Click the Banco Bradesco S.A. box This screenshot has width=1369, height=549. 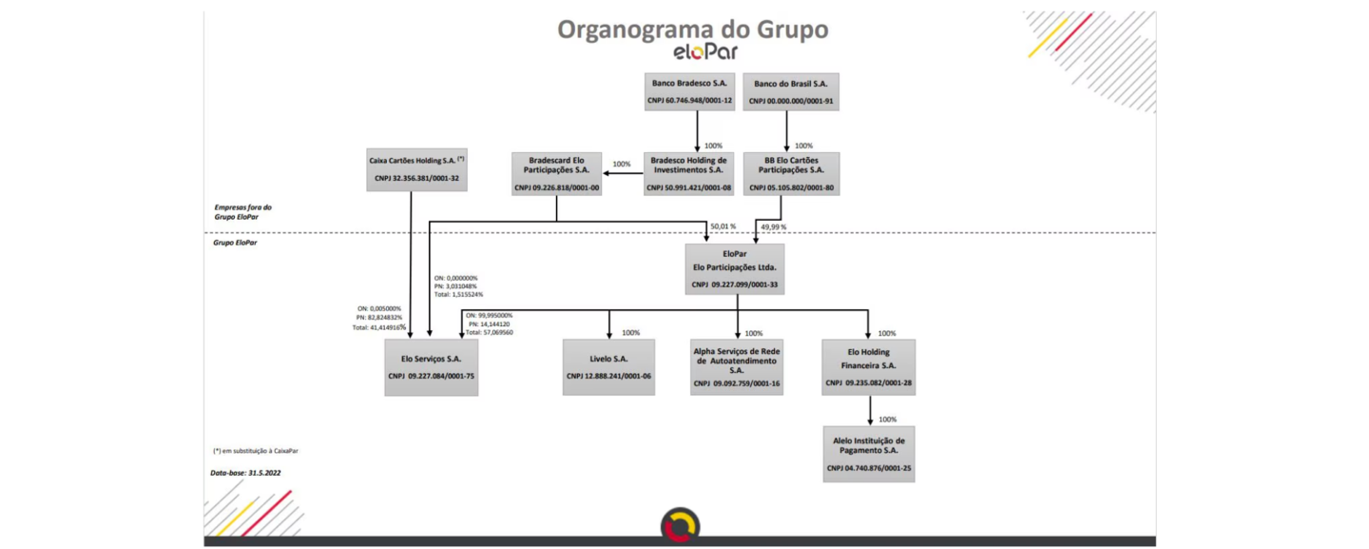pos(689,91)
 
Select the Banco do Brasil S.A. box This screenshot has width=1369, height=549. pos(790,91)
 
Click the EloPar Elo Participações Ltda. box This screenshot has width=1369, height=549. pos(735,268)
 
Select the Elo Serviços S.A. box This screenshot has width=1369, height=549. pos(431,367)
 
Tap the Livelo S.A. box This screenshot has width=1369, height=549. pos(608,367)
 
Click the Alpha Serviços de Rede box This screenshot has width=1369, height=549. pos(737,367)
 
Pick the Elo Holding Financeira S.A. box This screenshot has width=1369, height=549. pos(868,367)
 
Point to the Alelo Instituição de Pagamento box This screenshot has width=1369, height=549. pos(868,454)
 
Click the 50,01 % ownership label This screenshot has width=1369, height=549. pos(723,226)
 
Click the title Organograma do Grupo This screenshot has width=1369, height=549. pos(692,29)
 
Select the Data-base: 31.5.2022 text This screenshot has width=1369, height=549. pos(245,472)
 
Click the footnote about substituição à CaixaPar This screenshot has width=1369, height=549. pos(248,450)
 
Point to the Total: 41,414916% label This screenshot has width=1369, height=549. pos(378,326)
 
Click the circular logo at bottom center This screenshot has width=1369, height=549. pos(680,525)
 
